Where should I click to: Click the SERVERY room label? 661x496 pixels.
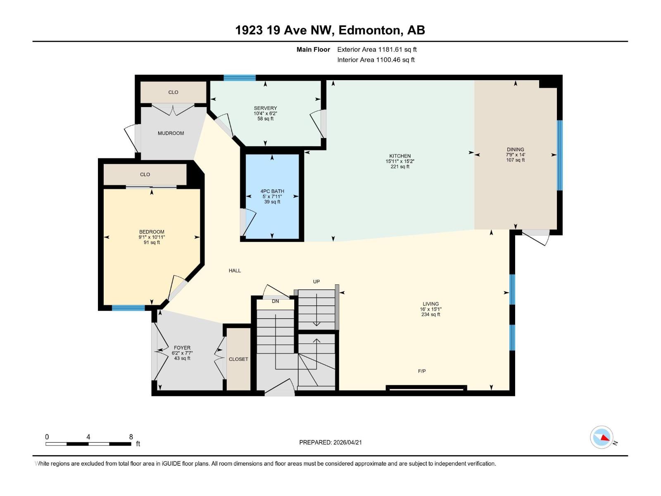(x=265, y=108)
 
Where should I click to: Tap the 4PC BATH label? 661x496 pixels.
(x=272, y=191)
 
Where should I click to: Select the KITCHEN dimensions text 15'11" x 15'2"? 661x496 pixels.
(x=400, y=161)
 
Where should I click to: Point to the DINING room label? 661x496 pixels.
(x=515, y=150)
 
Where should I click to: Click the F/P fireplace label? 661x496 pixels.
(x=422, y=371)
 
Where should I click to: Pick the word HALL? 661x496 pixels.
(x=235, y=271)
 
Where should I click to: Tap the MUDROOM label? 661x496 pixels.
(x=171, y=133)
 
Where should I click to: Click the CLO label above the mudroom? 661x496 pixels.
(x=173, y=92)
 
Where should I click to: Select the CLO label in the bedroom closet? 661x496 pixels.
(x=145, y=174)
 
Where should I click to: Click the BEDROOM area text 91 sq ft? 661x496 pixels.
(x=152, y=243)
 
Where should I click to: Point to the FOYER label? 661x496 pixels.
(x=182, y=348)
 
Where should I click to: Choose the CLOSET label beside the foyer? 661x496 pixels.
(x=238, y=359)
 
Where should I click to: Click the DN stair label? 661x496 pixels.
(x=276, y=301)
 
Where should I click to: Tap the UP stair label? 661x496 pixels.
(x=316, y=281)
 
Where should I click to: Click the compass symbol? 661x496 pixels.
(x=602, y=437)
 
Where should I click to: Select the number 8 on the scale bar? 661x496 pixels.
(x=131, y=437)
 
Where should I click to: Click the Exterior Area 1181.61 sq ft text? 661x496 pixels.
(x=377, y=50)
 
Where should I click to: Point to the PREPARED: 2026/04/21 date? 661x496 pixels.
(x=330, y=442)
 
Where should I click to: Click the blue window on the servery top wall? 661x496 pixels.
(x=240, y=78)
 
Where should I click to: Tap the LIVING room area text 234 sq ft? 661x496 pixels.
(x=430, y=315)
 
